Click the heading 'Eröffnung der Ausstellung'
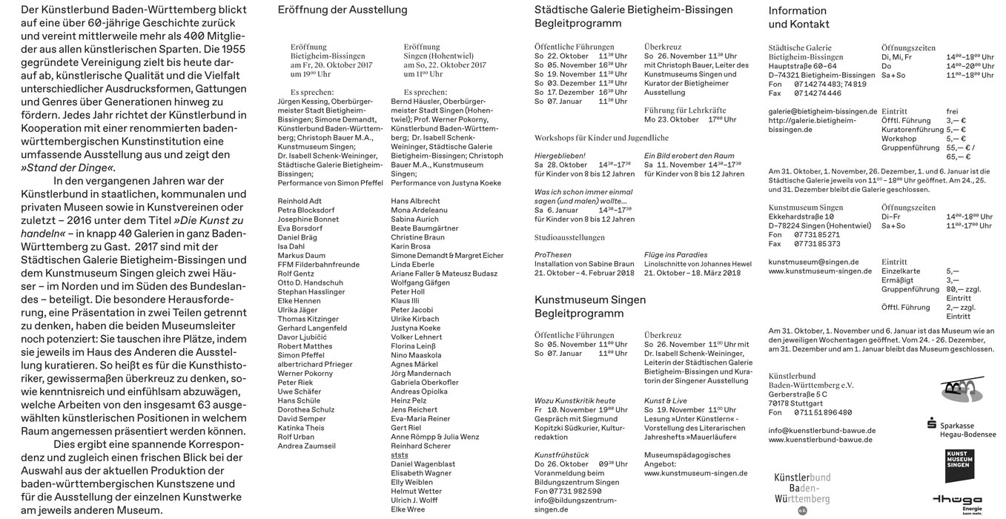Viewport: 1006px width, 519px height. [x=342, y=10]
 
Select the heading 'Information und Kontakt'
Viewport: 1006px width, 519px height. [x=798, y=17]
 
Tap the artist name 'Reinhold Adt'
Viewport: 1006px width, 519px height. [x=300, y=201]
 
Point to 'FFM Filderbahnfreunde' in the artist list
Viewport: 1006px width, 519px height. [x=318, y=265]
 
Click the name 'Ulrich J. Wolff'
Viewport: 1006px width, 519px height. [x=414, y=500]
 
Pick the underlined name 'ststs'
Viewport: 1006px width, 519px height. [x=399, y=455]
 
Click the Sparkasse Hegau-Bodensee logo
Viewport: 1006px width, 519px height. [x=961, y=428]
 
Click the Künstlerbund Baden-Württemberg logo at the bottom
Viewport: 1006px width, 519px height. [x=802, y=491]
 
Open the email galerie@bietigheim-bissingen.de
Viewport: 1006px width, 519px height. [x=822, y=111]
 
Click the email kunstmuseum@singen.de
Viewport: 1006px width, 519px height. [x=813, y=262]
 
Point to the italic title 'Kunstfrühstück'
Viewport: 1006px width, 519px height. [x=561, y=455]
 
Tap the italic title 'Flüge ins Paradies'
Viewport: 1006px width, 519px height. [x=675, y=255]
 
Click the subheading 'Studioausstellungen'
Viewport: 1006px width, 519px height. [x=569, y=238]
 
